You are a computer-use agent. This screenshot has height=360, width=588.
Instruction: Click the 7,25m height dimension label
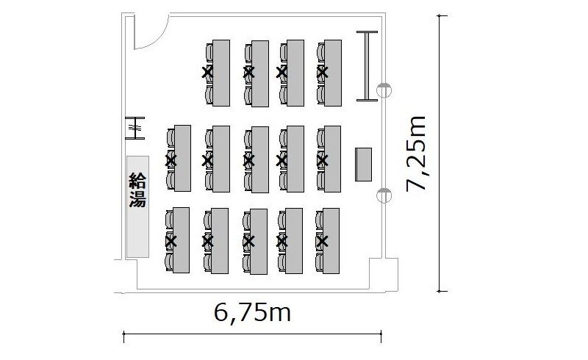pyautogui.click(x=418, y=154)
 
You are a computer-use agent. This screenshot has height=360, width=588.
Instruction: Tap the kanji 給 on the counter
pyautogui.click(x=137, y=180)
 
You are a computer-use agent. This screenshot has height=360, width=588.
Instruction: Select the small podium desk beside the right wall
pyautogui.click(x=363, y=164)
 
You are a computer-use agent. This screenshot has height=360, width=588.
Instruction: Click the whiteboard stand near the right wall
pyautogui.click(x=366, y=66)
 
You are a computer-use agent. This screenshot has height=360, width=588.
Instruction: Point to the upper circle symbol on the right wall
pyautogui.click(x=382, y=90)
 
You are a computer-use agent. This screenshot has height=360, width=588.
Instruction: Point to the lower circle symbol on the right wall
pyautogui.click(x=382, y=195)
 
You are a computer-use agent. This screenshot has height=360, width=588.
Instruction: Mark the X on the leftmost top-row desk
pyautogui.click(x=207, y=72)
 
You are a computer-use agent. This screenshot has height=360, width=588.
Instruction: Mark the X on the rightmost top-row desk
pyautogui.click(x=321, y=72)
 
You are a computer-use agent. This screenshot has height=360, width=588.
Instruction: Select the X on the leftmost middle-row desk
pyautogui.click(x=171, y=159)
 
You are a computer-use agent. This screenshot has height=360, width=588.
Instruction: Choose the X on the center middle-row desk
pyautogui.click(x=248, y=159)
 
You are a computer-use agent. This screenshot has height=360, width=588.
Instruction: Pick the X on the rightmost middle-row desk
pyautogui.click(x=321, y=159)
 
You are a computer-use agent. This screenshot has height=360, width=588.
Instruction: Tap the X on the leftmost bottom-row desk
pyautogui.click(x=171, y=240)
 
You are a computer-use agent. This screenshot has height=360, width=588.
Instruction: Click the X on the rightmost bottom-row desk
pyautogui.click(x=321, y=240)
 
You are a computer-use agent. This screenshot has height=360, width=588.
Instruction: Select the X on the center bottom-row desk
pyautogui.click(x=248, y=240)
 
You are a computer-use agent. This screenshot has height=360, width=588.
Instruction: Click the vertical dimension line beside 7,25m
pyautogui.click(x=440, y=154)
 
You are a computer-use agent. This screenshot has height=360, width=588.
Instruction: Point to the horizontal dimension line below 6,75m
pyautogui.click(x=253, y=337)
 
